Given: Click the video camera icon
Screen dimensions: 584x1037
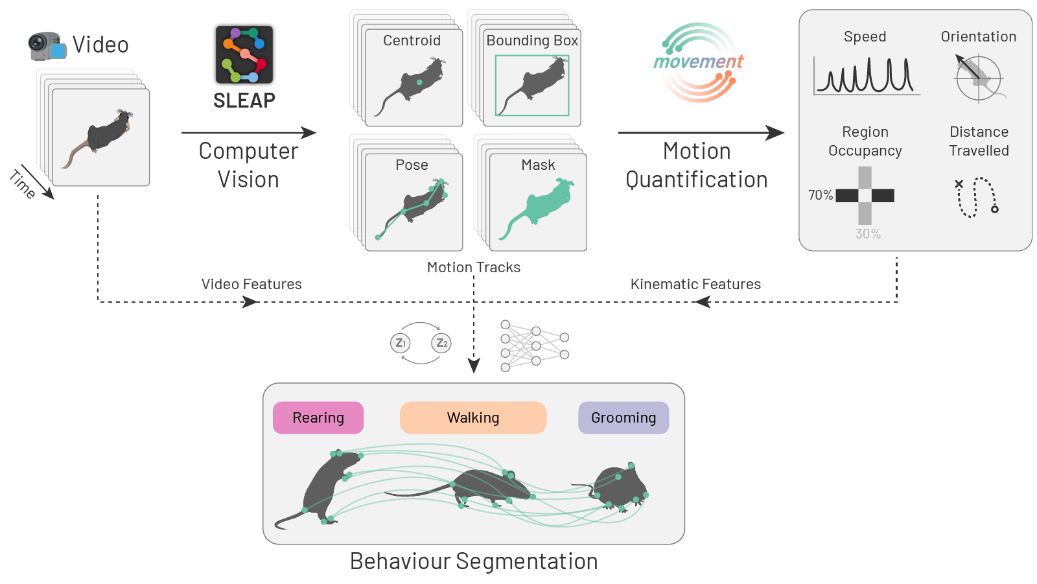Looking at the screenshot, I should tap(47, 46).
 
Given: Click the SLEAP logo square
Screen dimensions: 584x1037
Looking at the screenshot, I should tap(244, 55).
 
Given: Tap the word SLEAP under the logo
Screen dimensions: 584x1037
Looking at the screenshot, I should tap(244, 100).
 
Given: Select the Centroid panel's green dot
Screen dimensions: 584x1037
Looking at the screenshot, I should tap(419, 83).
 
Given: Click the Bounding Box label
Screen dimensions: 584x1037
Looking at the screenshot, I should tap(532, 40).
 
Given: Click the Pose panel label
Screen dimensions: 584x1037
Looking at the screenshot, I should tap(412, 165).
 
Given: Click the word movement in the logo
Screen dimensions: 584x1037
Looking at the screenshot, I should tap(698, 62).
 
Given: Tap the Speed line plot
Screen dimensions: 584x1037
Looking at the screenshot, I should tap(866, 76).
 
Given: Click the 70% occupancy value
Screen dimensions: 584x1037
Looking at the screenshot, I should tap(820, 195).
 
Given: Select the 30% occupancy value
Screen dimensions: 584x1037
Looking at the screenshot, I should tap(868, 234).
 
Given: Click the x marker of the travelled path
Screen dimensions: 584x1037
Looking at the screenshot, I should tap(959, 184).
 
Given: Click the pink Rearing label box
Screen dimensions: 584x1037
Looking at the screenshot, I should tap(318, 417).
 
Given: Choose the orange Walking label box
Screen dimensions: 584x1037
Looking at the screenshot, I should tap(473, 417).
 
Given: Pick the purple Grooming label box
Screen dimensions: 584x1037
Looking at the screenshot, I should tap(623, 417).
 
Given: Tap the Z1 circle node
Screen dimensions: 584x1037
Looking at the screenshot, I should tap(401, 343).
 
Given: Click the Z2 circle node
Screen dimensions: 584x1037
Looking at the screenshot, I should tap(441, 343).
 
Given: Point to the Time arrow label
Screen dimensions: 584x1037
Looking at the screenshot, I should tap(23, 184).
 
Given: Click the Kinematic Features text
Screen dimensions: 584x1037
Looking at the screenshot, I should tap(695, 284).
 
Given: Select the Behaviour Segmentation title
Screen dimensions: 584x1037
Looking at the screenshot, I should tap(474, 561).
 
